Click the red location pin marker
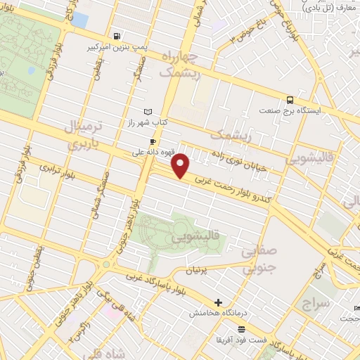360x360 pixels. point(181,166)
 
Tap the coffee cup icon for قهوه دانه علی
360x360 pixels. point(153,141)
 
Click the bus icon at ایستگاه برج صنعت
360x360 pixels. point(290,100)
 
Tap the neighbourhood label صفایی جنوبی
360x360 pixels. point(259,259)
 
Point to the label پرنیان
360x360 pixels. point(196,270)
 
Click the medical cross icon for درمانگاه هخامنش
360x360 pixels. point(218,302)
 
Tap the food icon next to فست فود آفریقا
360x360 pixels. point(242,329)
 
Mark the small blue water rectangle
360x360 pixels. point(79,20)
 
